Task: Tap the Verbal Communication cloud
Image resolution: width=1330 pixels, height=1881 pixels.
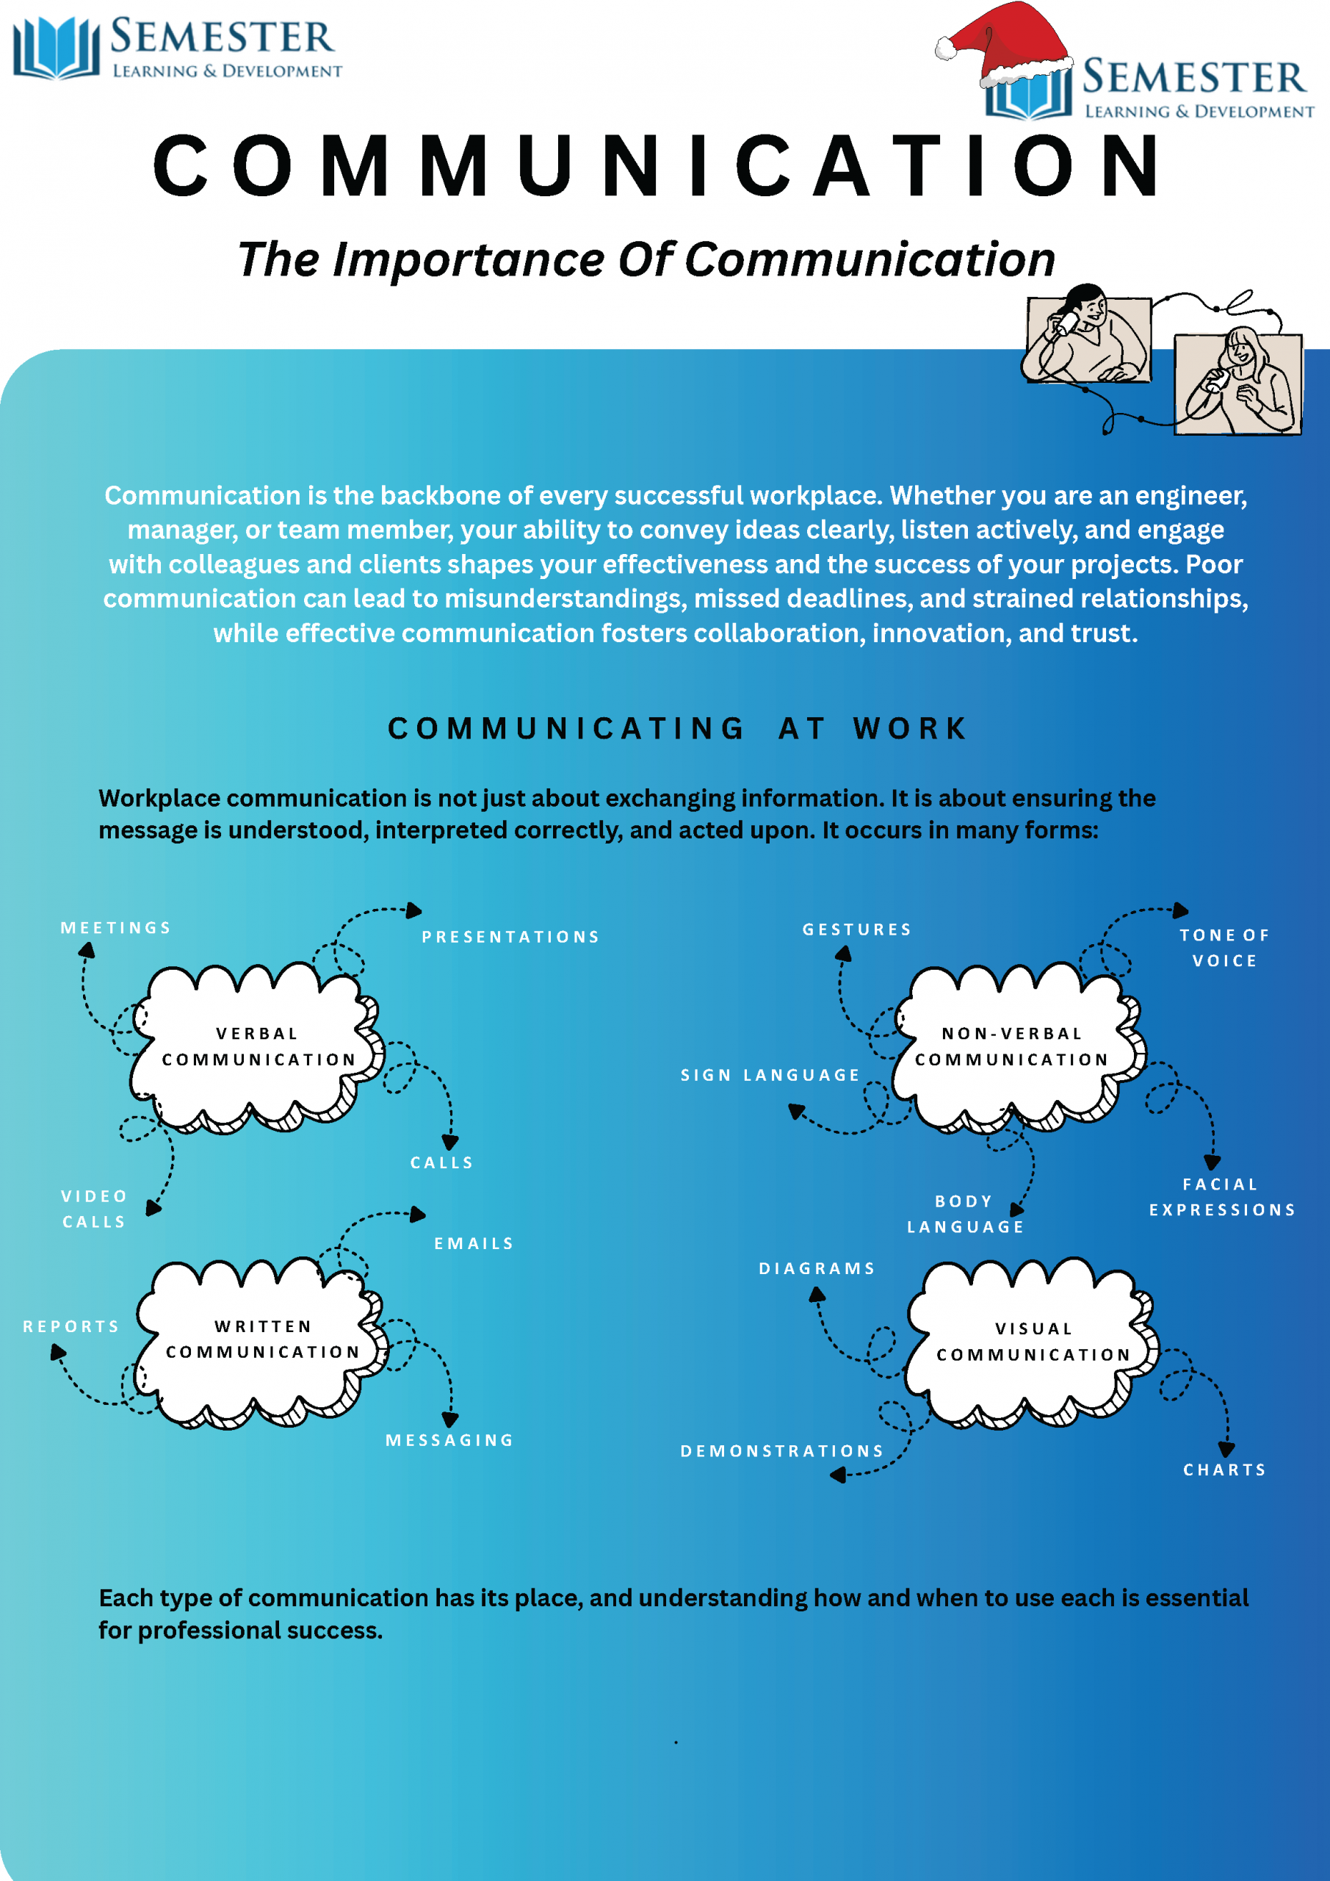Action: (x=257, y=1047)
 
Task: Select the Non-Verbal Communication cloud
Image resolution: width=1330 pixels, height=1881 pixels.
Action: (x=1012, y=1047)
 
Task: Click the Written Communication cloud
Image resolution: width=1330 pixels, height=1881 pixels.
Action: (x=262, y=1339)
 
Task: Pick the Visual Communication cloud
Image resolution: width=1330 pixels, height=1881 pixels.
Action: (x=1033, y=1342)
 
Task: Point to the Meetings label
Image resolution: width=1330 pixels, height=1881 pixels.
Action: (x=115, y=928)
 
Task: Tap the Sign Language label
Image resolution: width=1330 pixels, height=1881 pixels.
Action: (x=770, y=1075)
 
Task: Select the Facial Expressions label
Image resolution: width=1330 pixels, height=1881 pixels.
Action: (x=1222, y=1197)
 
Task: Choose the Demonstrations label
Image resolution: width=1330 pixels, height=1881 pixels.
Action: (x=782, y=1451)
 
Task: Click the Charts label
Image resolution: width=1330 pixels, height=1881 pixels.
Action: (x=1224, y=1470)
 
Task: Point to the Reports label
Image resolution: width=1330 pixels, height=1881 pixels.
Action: (x=71, y=1326)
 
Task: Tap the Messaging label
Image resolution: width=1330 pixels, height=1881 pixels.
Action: (x=449, y=1440)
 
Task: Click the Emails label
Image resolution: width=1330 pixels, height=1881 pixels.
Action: (x=474, y=1244)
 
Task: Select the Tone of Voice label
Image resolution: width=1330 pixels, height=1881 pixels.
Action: (x=1224, y=948)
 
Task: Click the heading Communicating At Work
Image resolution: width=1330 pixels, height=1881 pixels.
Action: (x=677, y=728)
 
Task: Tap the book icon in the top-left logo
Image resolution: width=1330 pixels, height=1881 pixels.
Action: (x=56, y=48)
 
